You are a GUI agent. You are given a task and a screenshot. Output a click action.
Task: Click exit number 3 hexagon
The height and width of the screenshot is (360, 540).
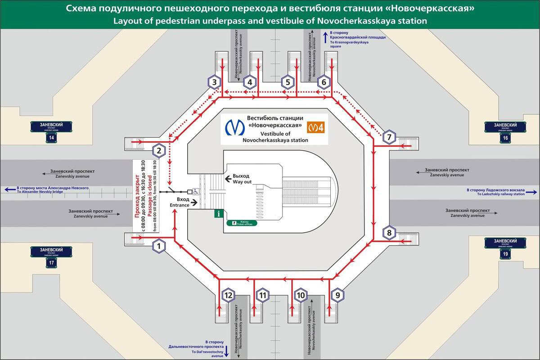(x=215, y=82)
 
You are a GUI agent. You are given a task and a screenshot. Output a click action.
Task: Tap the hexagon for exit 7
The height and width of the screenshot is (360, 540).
(x=389, y=137)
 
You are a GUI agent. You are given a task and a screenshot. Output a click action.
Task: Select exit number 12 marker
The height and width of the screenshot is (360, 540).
(x=229, y=295)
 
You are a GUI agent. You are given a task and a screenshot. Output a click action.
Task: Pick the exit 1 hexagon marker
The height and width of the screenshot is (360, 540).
(x=159, y=246)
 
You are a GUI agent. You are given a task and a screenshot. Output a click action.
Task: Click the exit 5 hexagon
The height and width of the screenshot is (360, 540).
(x=287, y=82)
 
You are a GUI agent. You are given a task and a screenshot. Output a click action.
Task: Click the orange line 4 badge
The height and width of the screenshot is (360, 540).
(x=316, y=127)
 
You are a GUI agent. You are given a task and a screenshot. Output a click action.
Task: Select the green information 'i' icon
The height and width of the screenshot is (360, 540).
(x=219, y=214)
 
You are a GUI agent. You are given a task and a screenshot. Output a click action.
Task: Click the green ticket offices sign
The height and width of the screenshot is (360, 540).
(x=242, y=223)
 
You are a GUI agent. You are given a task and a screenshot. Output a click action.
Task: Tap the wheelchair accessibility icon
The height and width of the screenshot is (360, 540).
(x=197, y=191)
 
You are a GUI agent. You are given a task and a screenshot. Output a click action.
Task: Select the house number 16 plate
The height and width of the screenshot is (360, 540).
(x=505, y=138)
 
